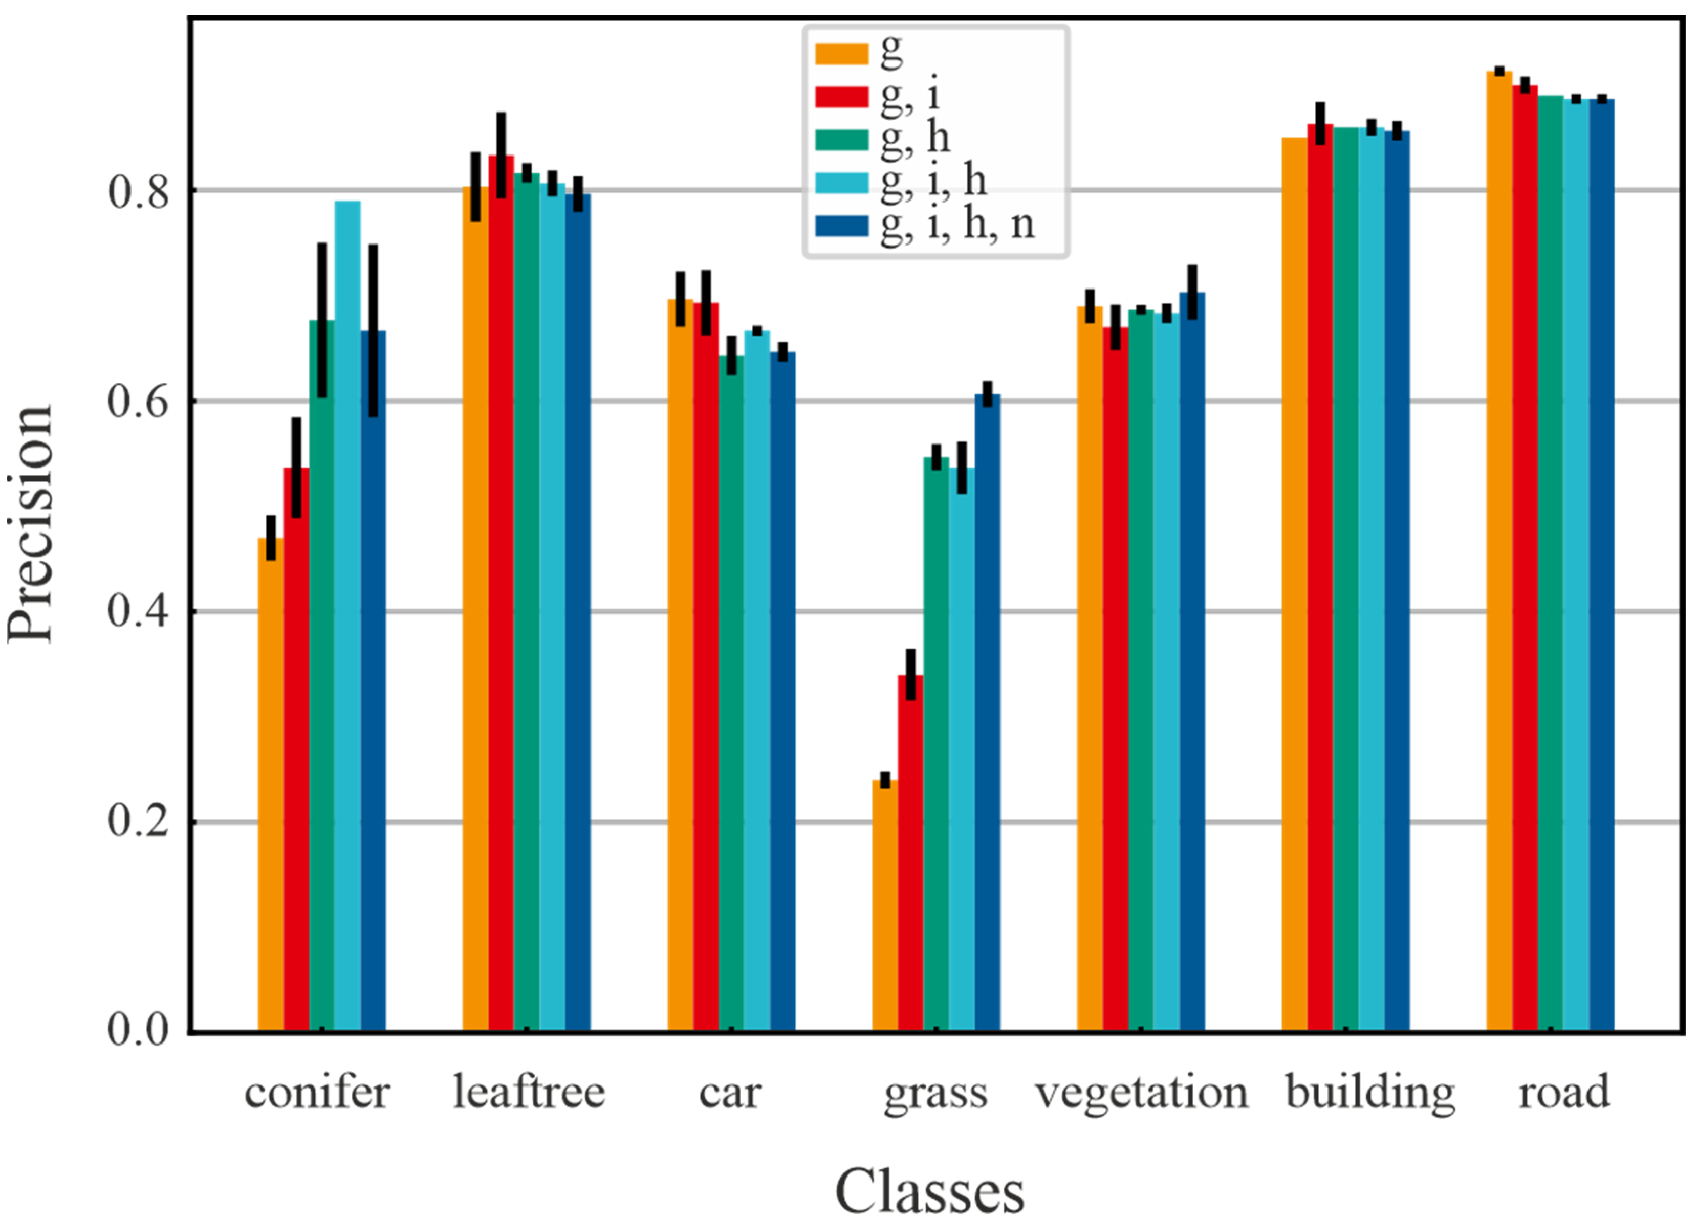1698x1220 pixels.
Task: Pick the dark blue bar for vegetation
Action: [x=1192, y=666]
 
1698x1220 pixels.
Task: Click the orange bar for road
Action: [x=1499, y=554]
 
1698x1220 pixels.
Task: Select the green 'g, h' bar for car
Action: [x=731, y=696]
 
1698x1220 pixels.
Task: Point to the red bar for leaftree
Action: [x=501, y=599]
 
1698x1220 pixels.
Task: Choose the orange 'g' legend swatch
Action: [x=841, y=54]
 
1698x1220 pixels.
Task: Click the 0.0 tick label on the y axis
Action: [x=139, y=1031]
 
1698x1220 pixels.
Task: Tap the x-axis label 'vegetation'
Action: [x=1142, y=1094]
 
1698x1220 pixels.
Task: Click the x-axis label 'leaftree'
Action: [x=529, y=1094]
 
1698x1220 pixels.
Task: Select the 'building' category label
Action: [x=1370, y=1094]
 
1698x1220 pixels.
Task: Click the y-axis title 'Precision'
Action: [x=31, y=524]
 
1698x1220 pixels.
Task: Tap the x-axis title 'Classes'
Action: [x=929, y=1191]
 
